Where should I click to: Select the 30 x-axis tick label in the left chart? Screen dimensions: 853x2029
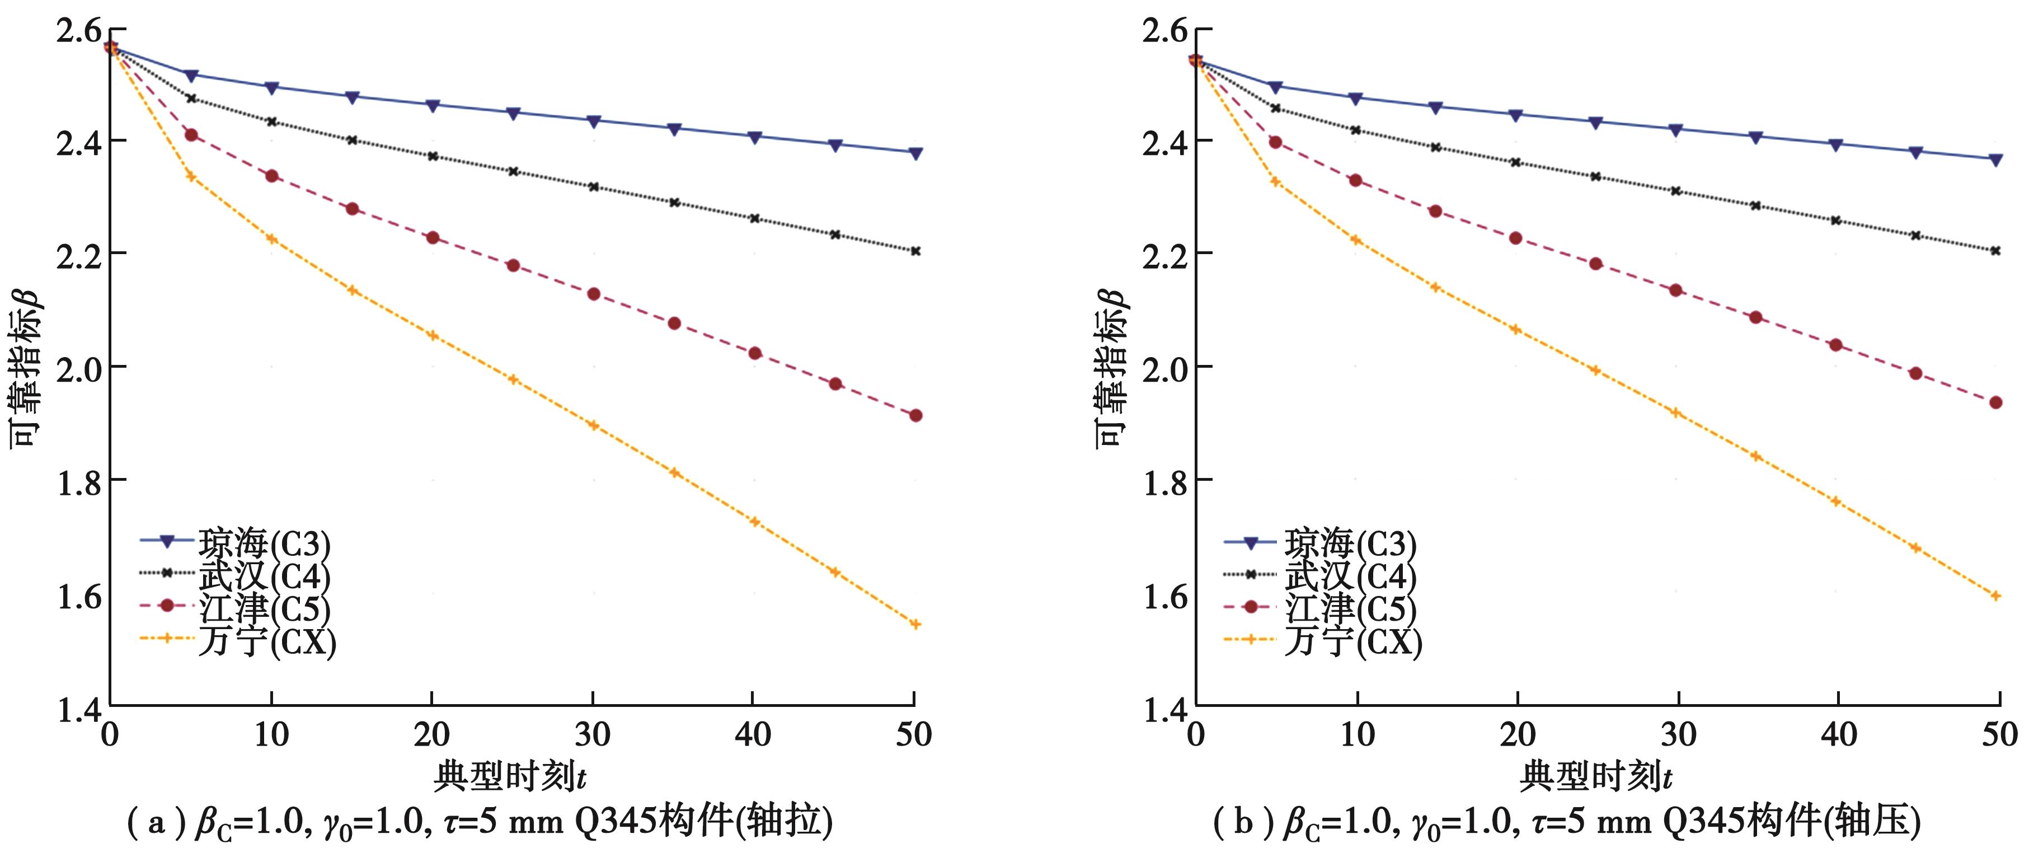[x=593, y=735]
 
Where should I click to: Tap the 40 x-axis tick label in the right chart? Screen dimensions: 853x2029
[x=1838, y=735]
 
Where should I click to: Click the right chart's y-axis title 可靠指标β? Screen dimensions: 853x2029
[x=1111, y=367]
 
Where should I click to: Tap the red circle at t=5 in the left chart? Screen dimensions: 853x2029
[x=191, y=135]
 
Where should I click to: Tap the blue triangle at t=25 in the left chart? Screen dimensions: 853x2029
[x=513, y=114]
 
